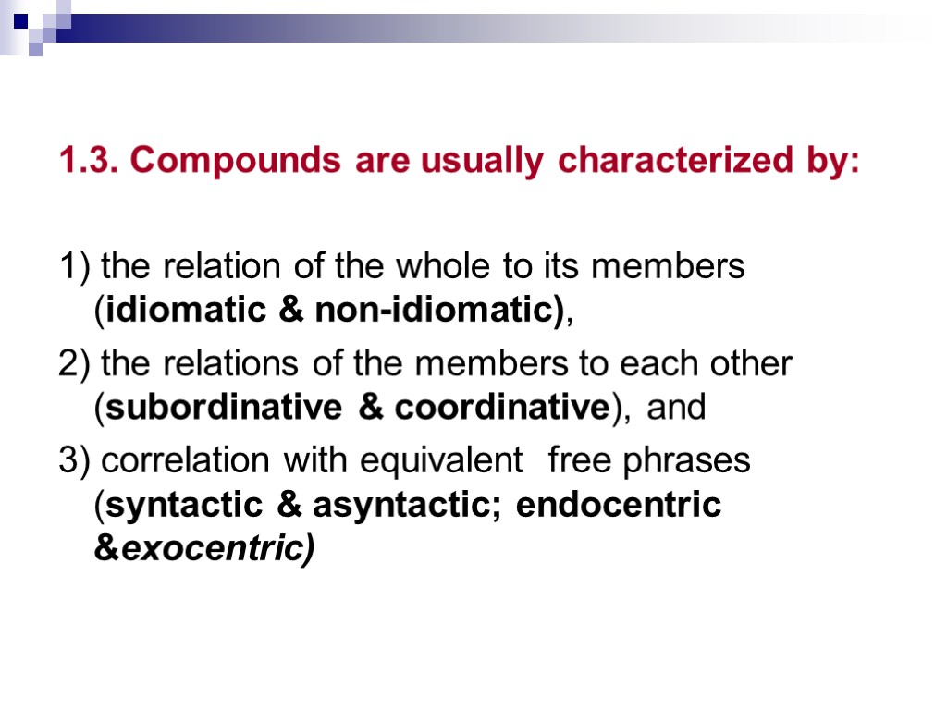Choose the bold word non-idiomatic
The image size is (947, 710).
[x=439, y=312]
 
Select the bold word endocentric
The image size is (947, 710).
[x=619, y=506]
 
